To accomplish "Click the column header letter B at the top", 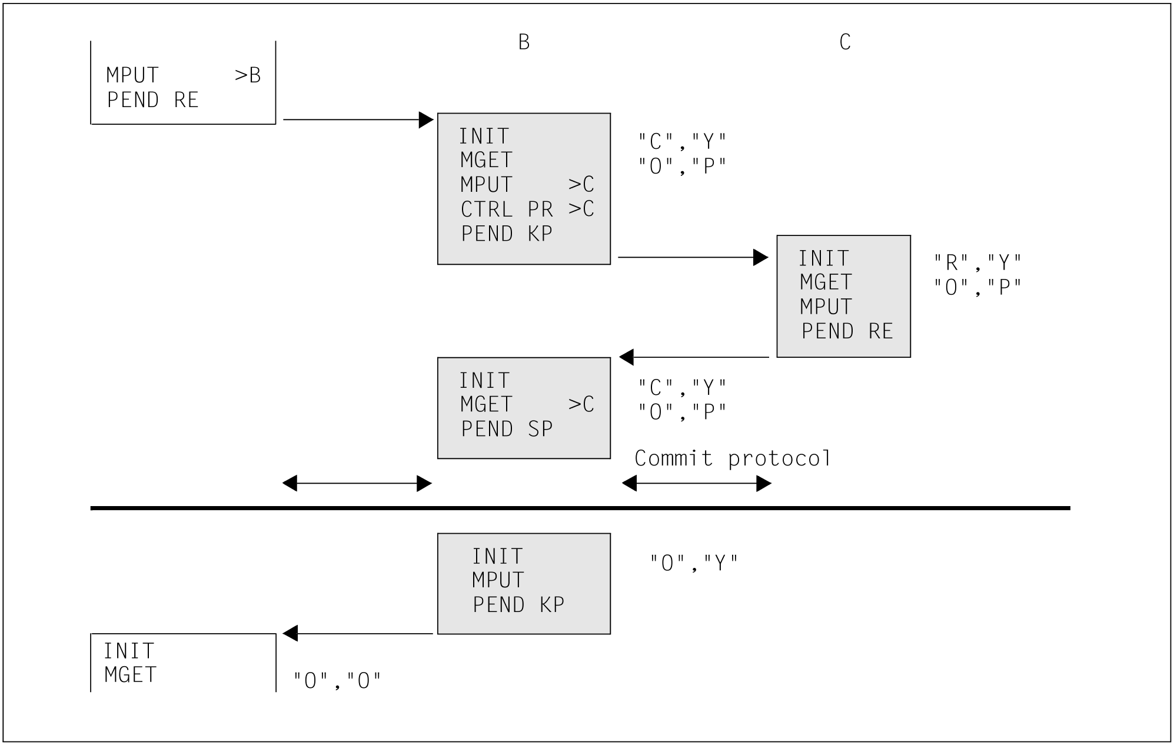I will pos(524,42).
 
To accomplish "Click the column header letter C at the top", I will pos(845,42).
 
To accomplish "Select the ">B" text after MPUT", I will pos(248,75).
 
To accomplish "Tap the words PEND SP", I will pos(507,429).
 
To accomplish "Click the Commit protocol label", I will pos(733,458).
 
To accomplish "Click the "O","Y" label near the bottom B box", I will pos(694,563).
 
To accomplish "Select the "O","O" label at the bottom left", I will pos(337,681).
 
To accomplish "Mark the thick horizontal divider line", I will pos(580,508).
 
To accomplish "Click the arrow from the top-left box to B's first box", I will pos(358,120).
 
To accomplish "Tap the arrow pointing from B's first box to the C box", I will pos(693,257).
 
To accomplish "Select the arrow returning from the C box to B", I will pos(694,357).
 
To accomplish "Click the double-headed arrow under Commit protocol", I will pos(696,484).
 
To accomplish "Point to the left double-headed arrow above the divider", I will pos(357,484).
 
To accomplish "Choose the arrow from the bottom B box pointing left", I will pos(358,634).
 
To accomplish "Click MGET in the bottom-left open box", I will pos(131,675).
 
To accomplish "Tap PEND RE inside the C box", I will pos(847,331).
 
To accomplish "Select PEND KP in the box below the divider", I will pos(518,605).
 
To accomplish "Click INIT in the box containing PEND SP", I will pos(484,381).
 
